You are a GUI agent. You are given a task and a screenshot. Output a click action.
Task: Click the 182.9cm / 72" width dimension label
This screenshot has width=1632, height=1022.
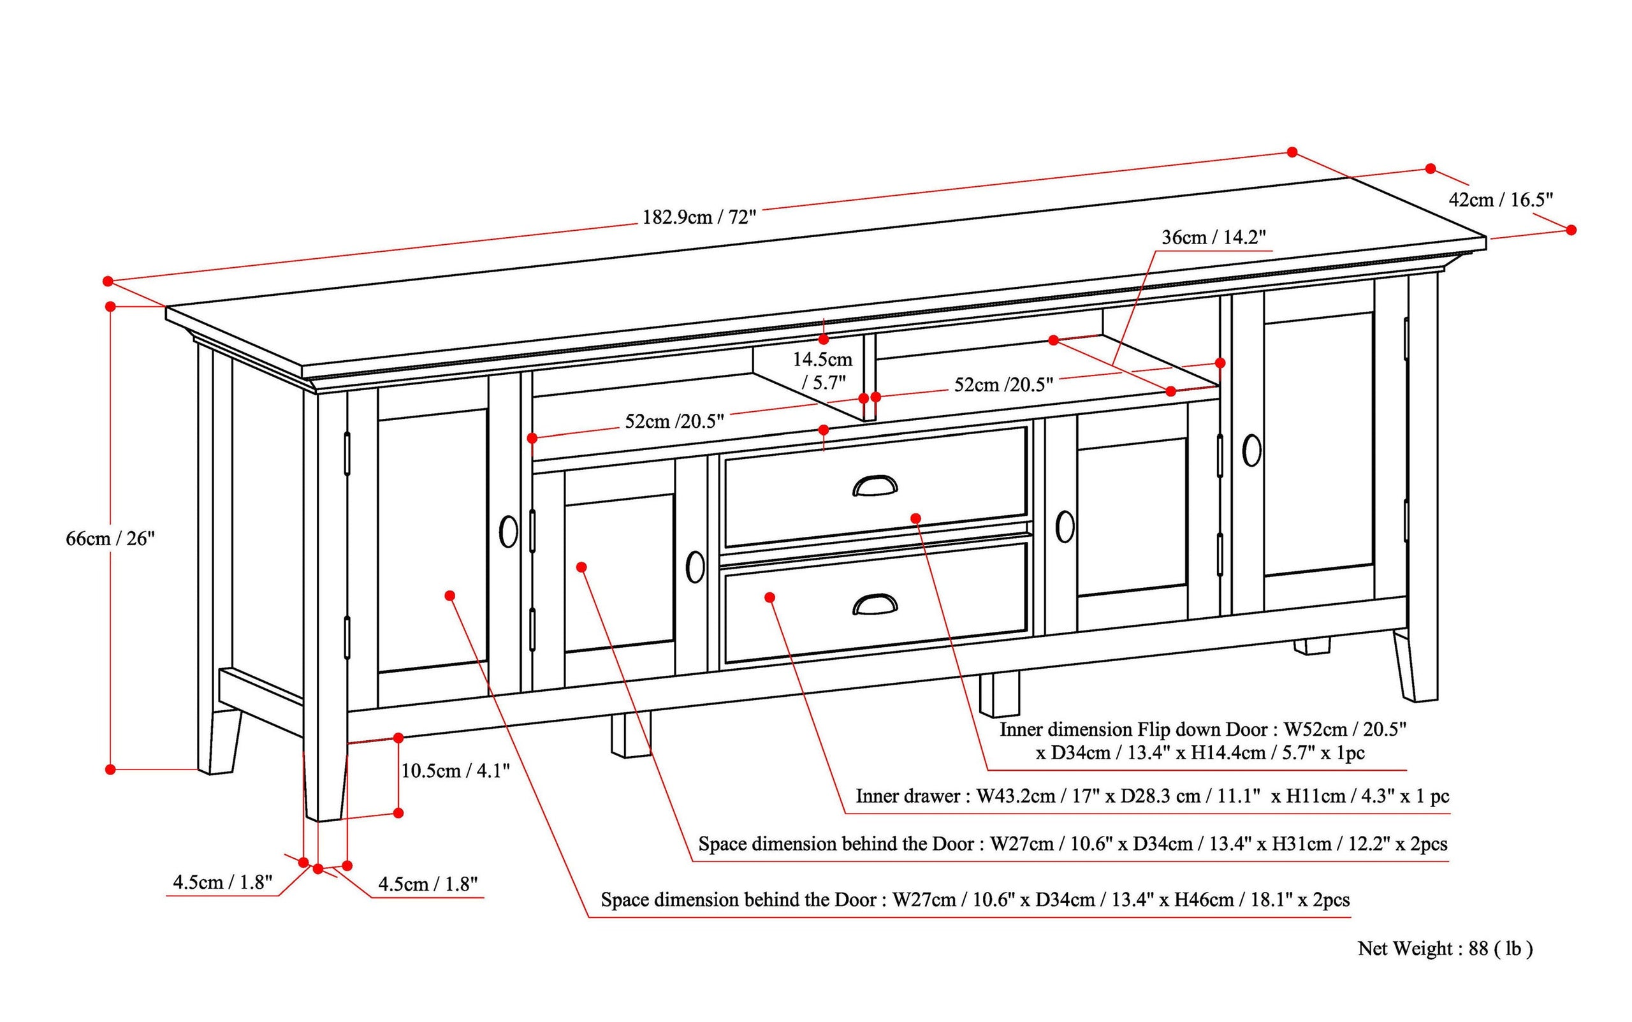pyautogui.click(x=699, y=217)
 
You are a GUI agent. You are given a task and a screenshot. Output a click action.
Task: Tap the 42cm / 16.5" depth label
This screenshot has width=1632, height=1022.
pyautogui.click(x=1501, y=200)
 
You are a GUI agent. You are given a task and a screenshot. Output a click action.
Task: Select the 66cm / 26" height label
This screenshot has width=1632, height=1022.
pyautogui.click(x=110, y=539)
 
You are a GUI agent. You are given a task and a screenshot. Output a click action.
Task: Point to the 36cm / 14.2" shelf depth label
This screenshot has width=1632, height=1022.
pyautogui.click(x=1213, y=237)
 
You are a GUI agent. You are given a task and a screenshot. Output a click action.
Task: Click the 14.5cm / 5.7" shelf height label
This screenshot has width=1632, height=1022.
pyautogui.click(x=822, y=370)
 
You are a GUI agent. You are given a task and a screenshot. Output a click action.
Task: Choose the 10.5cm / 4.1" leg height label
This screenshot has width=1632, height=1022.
pyautogui.click(x=455, y=771)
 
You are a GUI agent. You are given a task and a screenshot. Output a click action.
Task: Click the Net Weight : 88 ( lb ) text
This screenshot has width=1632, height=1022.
pyautogui.click(x=1445, y=948)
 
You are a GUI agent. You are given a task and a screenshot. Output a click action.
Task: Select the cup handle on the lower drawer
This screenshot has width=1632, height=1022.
pyautogui.click(x=875, y=604)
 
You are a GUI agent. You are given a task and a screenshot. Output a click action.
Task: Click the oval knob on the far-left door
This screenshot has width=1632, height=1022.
pyautogui.click(x=508, y=532)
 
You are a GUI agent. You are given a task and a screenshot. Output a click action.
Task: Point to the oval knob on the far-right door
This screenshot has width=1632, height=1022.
pyautogui.click(x=1251, y=449)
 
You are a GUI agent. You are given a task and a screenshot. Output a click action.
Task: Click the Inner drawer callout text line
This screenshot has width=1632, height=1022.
pyautogui.click(x=1152, y=796)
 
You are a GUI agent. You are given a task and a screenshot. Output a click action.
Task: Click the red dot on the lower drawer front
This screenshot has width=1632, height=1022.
pyautogui.click(x=769, y=597)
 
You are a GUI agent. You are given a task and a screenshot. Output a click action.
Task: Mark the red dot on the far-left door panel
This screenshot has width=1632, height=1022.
pyautogui.click(x=450, y=595)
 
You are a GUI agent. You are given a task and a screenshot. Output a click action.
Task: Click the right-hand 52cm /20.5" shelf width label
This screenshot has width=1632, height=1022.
pyautogui.click(x=1003, y=384)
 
